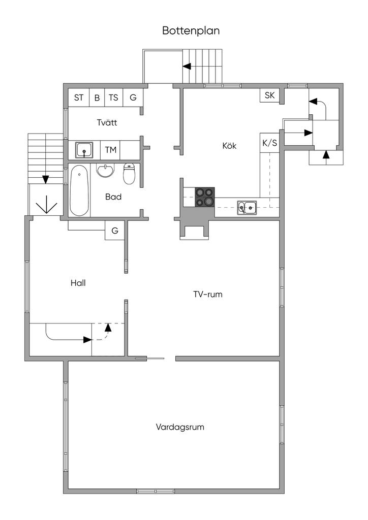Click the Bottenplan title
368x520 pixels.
pos(191,30)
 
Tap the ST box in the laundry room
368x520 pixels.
pos(79,97)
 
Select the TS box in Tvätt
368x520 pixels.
pos(113,97)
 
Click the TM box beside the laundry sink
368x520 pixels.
pos(110,150)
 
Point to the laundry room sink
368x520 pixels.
pos(84,150)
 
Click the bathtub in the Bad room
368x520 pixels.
pos(79,190)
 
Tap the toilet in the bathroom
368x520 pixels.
pos(130,174)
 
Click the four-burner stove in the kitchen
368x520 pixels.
pos(205,197)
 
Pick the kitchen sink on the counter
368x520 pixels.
pos(247,206)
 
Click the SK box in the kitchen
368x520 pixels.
pos(269,95)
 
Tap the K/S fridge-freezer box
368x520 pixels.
pos(269,143)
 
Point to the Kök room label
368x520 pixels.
pos(230,146)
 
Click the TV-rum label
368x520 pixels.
pos(208,294)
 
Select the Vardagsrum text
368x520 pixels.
pos(180,427)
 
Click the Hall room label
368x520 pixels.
pos(78,283)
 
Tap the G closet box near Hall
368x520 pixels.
pos(115,231)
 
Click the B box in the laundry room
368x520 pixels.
pos(97,97)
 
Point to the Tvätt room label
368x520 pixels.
pos(108,122)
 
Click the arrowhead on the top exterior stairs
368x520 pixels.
pos(187,66)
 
